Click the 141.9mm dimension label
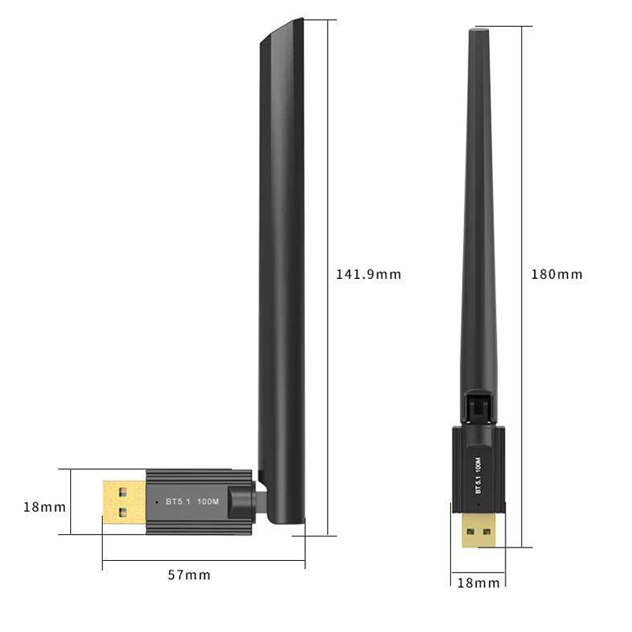[x=368, y=274]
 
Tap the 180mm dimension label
[x=557, y=274]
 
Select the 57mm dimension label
[x=189, y=575]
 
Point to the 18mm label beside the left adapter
[x=44, y=507]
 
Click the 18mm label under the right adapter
[x=479, y=583]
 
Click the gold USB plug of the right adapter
[x=480, y=529]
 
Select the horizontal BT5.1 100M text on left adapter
[x=192, y=502]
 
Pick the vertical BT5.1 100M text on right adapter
[x=478, y=476]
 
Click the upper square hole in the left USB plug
[x=123, y=491]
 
